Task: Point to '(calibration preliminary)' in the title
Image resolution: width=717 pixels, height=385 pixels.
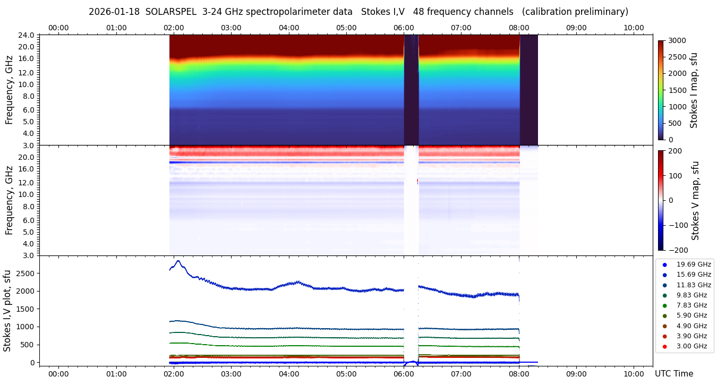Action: pyautogui.click(x=575, y=12)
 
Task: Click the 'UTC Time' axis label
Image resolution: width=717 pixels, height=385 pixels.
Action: pyautogui.click(x=673, y=374)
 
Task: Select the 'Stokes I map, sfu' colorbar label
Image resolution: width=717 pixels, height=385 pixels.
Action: pyautogui.click(x=694, y=90)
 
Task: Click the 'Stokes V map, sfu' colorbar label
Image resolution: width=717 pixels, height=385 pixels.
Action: pyautogui.click(x=695, y=201)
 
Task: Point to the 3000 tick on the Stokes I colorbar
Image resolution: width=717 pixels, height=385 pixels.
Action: pyautogui.click(x=677, y=41)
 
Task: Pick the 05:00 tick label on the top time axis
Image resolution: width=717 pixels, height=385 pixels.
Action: pyautogui.click(x=346, y=28)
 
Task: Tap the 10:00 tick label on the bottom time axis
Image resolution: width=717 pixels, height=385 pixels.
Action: pyautogui.click(x=634, y=374)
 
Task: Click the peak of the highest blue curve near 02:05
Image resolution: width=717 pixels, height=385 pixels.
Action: pyautogui.click(x=178, y=261)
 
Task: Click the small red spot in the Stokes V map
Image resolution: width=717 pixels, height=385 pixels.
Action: pyautogui.click(x=417, y=181)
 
